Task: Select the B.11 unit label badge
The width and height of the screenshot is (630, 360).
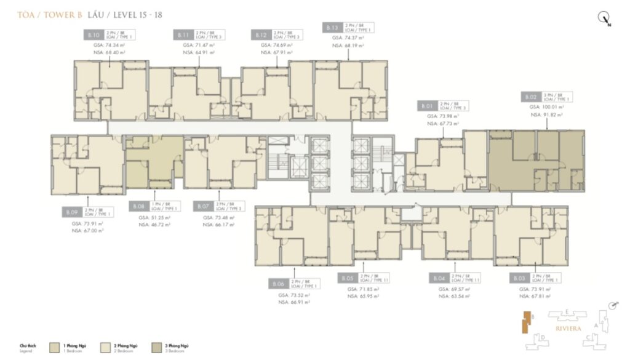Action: coord(183,35)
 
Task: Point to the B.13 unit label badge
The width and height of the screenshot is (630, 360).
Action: coord(332,28)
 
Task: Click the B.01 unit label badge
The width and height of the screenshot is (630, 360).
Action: coord(427,106)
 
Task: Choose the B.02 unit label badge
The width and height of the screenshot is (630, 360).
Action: coord(531,97)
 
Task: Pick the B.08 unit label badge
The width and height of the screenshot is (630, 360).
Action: coord(138,207)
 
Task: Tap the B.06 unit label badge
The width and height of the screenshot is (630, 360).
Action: coord(279,284)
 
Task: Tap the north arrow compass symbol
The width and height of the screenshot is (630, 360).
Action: coord(604,18)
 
